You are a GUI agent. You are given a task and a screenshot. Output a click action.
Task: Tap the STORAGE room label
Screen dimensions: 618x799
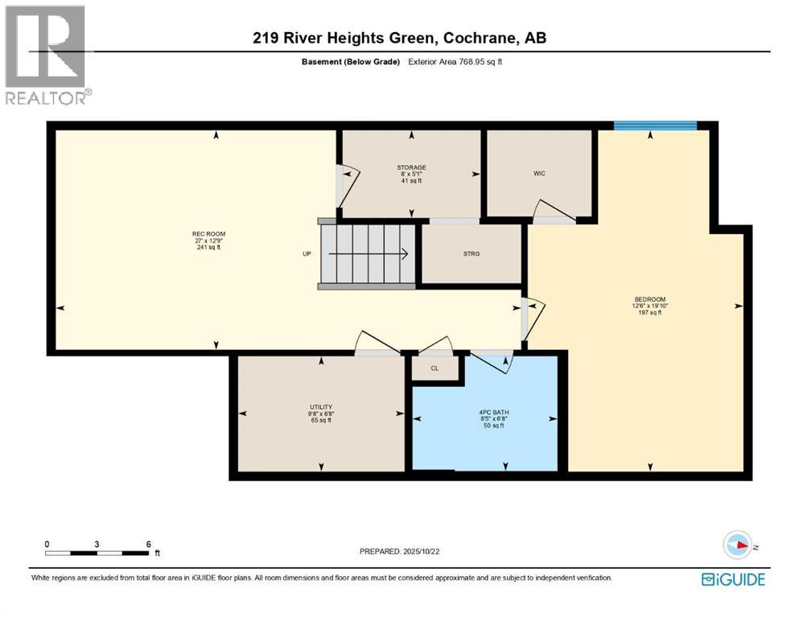click(411, 167)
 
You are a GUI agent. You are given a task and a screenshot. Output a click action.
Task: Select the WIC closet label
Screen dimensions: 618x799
click(539, 173)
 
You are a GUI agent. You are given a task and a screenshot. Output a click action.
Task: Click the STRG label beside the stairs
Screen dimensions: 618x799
click(472, 254)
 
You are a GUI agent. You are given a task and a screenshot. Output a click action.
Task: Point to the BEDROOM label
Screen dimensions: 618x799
click(647, 299)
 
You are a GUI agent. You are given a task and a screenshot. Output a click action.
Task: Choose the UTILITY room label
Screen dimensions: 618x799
click(321, 406)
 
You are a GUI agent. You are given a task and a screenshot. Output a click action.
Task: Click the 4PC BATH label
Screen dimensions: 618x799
click(494, 413)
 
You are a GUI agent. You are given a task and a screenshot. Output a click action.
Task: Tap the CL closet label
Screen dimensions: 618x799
click(435, 369)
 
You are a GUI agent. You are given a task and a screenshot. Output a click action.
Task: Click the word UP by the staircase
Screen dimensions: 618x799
click(307, 254)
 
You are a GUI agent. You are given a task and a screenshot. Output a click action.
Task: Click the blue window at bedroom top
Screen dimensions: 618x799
click(655, 125)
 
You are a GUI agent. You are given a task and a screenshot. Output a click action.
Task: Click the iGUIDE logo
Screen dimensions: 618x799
click(733, 579)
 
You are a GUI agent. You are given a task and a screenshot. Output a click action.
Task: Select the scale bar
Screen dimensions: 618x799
click(100, 553)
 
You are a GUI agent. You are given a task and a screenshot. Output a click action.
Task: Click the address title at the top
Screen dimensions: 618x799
click(399, 38)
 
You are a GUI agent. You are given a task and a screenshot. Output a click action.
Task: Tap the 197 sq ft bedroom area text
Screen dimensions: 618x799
click(647, 313)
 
